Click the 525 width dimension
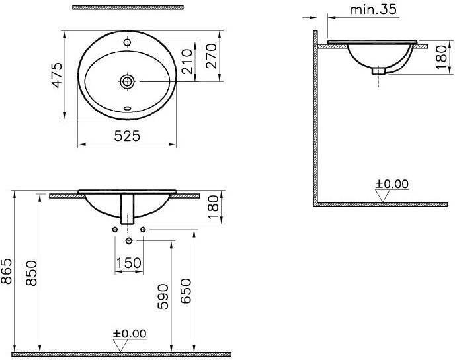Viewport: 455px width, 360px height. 127,136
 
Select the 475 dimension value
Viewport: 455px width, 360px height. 57,75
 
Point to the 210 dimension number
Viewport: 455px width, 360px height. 186,62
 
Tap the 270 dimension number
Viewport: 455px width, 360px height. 211,56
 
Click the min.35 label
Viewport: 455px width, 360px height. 373,9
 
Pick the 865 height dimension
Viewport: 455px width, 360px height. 7,271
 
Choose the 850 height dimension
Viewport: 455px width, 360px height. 31,273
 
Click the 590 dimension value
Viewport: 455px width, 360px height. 163,296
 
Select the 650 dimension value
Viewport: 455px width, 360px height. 186,291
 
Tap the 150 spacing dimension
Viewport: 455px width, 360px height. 129,263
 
